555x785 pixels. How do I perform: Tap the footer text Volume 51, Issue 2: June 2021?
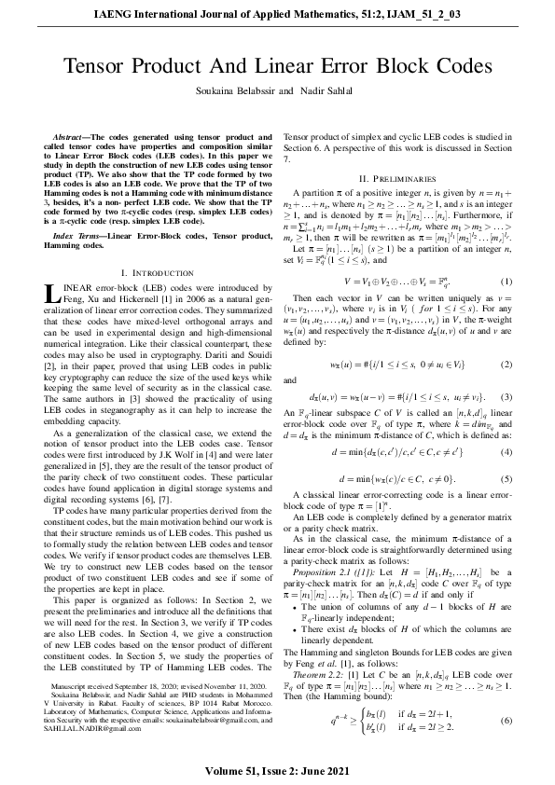point(277,772)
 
